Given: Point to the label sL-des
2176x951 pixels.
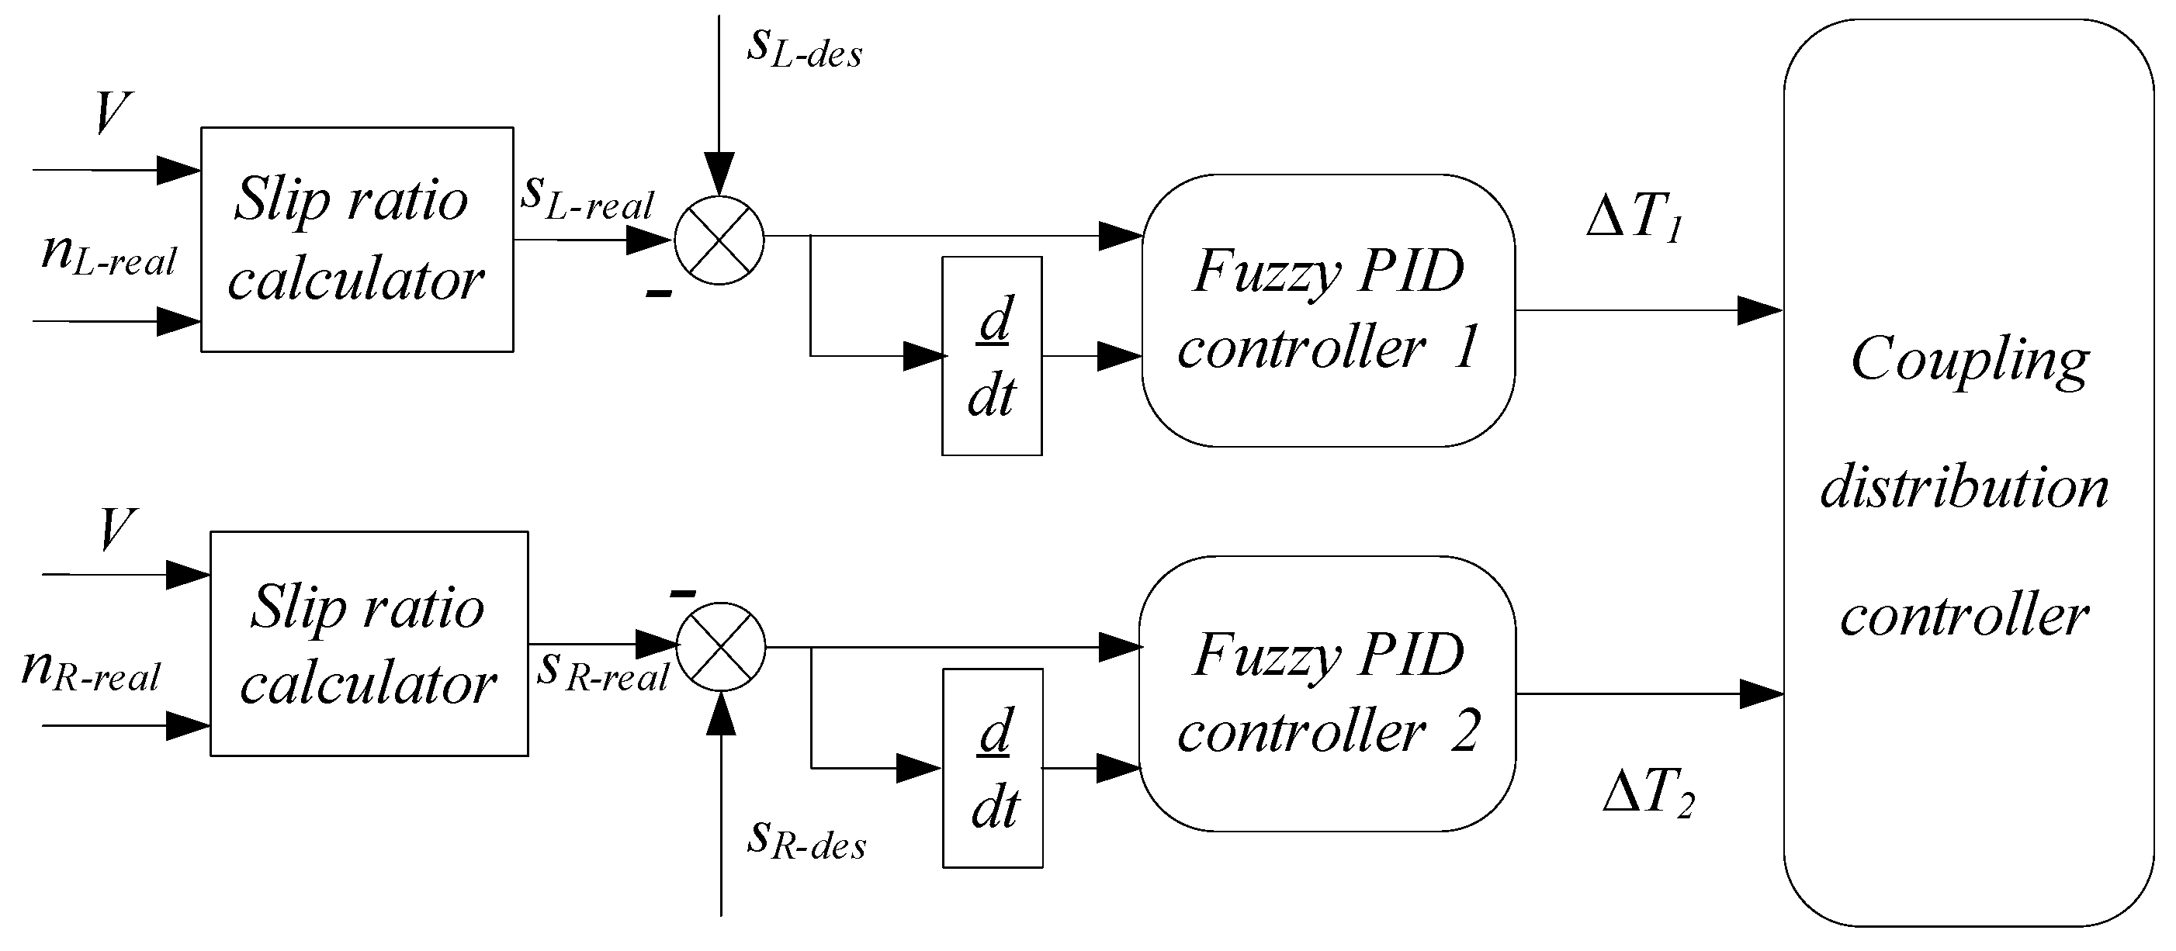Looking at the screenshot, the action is pos(804,48).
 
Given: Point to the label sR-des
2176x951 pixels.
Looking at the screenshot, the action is pos(807,840).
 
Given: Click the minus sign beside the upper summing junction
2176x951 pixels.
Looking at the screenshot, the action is pos(659,294).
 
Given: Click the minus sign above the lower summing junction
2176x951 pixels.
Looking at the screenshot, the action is pos(683,593).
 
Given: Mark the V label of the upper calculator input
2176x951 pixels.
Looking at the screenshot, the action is pos(113,112).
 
